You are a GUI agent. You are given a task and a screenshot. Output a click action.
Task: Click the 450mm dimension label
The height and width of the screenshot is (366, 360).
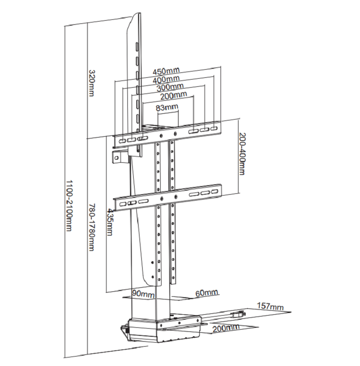point(166,71)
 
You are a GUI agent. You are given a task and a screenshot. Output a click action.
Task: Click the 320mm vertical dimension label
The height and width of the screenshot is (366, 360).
point(91,83)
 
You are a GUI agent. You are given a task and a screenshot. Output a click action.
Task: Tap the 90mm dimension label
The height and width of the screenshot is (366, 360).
point(144,294)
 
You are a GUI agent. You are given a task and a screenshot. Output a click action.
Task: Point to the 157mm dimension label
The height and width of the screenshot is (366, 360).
point(270,307)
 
